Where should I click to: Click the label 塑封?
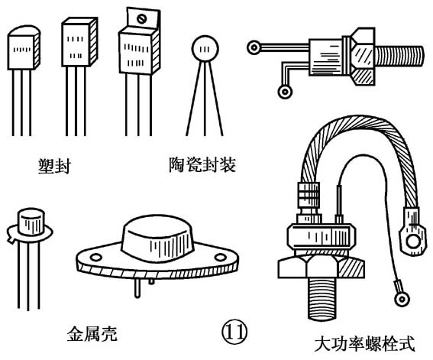(54, 166)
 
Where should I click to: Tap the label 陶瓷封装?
(202, 165)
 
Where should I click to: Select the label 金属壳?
(92, 334)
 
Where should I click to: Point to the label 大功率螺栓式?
(365, 343)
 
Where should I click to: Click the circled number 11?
(234, 332)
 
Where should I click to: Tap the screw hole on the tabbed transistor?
(142, 19)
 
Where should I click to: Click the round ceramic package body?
(205, 49)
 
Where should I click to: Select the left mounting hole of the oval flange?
(95, 258)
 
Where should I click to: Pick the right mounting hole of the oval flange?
(220, 258)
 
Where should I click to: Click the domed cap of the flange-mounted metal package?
(157, 238)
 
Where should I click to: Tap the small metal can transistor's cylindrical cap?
(31, 222)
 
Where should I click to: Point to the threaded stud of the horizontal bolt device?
(399, 56)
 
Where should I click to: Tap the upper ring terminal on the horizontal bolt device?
(254, 47)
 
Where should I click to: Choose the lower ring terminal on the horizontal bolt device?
(285, 92)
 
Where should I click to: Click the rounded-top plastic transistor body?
(24, 47)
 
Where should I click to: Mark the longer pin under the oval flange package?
(137, 288)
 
